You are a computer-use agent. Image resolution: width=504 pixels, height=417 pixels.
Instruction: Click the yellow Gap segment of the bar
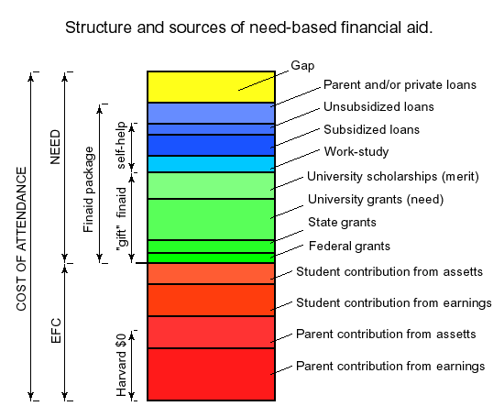click(211, 87)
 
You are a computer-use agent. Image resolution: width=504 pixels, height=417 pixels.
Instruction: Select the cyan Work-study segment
click(211, 164)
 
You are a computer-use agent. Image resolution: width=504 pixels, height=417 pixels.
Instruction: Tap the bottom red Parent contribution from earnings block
click(211, 374)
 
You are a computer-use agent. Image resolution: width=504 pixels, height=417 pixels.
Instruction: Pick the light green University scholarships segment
click(211, 185)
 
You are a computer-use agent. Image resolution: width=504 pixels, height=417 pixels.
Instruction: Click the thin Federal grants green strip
click(211, 258)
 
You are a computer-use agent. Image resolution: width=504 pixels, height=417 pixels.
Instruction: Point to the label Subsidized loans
click(371, 129)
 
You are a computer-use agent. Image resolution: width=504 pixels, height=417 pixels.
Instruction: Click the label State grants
click(342, 223)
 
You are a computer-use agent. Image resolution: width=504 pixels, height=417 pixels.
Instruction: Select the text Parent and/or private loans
click(400, 85)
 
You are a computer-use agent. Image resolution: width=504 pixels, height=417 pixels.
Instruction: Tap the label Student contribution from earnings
click(394, 303)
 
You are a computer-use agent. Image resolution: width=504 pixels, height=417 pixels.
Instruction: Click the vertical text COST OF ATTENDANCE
click(21, 239)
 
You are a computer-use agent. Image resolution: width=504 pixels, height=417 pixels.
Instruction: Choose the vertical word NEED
click(55, 147)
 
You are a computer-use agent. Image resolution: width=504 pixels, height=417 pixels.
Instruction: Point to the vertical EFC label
click(56, 331)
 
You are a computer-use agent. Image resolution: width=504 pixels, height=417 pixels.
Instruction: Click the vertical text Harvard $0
click(121, 366)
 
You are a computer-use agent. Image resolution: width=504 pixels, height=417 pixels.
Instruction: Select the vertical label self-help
click(121, 146)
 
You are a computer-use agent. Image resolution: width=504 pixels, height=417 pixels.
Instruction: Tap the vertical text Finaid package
click(88, 190)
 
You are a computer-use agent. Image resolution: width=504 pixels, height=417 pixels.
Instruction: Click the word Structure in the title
click(98, 27)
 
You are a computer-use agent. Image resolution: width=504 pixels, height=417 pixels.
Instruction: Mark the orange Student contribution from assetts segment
click(211, 274)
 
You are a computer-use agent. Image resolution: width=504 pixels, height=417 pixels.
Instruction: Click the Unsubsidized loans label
click(378, 106)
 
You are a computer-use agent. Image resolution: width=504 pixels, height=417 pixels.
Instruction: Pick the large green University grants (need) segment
click(211, 220)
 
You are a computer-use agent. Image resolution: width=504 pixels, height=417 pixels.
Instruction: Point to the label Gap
click(302, 66)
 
